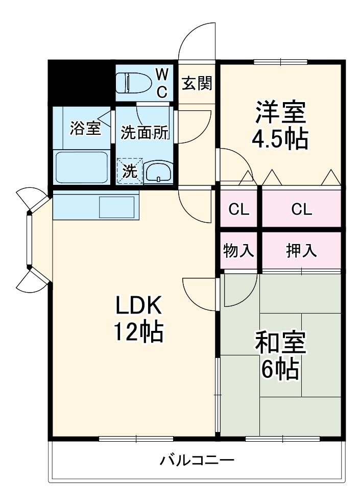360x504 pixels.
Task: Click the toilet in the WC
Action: [134, 83]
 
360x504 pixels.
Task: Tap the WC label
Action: [161, 83]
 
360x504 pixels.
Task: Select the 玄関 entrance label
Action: [197, 83]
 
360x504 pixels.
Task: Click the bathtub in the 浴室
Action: [81, 167]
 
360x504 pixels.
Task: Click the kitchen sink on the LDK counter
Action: [116, 207]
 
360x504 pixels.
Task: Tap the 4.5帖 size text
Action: [280, 139]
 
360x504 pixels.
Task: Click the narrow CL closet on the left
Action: [239, 209]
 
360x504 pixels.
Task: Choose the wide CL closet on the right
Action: [301, 209]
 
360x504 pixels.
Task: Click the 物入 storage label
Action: [239, 250]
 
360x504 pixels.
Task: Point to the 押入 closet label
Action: [301, 250]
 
